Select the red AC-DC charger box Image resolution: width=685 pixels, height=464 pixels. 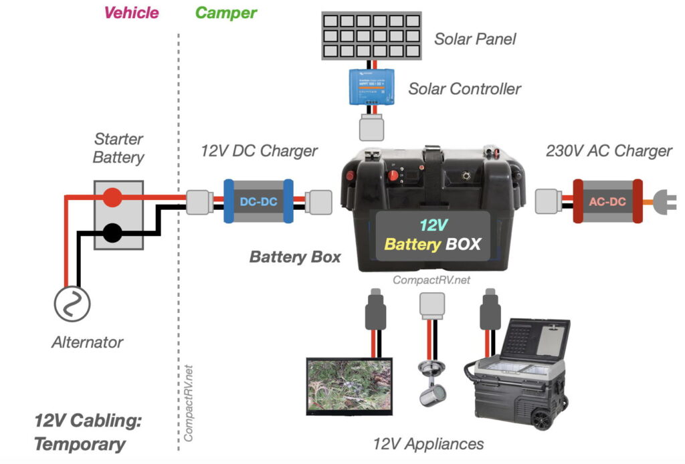pyautogui.click(x=606, y=201)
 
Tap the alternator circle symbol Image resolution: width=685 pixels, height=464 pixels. pyautogui.click(x=72, y=304)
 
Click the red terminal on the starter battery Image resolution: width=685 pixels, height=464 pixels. pyautogui.click(x=112, y=197)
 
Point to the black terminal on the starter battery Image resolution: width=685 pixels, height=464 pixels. pyautogui.click(x=112, y=233)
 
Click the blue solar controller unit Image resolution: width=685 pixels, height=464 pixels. pyautogui.click(x=370, y=86)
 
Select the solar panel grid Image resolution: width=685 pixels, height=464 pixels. pyautogui.click(x=370, y=35)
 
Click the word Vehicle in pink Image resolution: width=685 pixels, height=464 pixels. pyautogui.click(x=132, y=13)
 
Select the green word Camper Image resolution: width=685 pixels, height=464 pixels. pyautogui.click(x=225, y=13)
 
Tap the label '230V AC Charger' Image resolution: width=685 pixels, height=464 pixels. pyautogui.click(x=609, y=150)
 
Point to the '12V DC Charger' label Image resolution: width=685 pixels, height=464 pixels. pyautogui.click(x=259, y=150)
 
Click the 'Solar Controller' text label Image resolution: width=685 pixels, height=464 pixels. pyautogui.click(x=464, y=88)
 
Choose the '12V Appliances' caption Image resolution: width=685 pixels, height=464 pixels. pyautogui.click(x=428, y=443)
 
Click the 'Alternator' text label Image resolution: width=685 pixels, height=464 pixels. pyautogui.click(x=88, y=342)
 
